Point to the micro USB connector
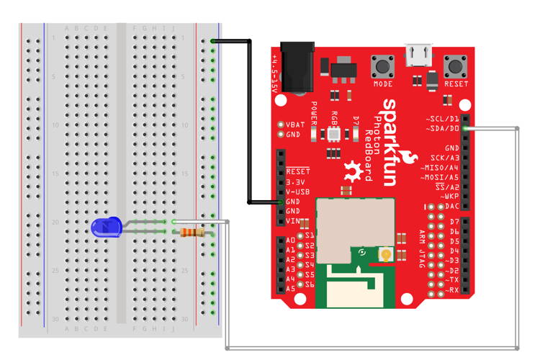point(419,54)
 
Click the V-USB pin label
point(297,192)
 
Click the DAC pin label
point(451,206)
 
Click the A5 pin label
point(291,288)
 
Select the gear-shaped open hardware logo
point(353,171)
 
